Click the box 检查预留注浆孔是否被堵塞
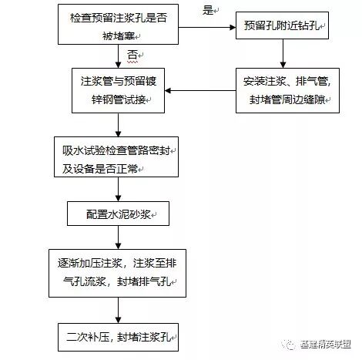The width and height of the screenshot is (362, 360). pyautogui.click(x=116, y=25)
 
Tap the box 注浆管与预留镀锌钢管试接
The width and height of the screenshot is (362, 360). pyautogui.click(x=116, y=91)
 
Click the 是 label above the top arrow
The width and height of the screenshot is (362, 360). pyautogui.click(x=206, y=10)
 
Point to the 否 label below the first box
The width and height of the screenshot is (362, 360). pyautogui.click(x=132, y=55)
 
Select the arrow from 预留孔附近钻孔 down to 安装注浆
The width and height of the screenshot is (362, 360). pyautogui.click(x=283, y=55)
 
